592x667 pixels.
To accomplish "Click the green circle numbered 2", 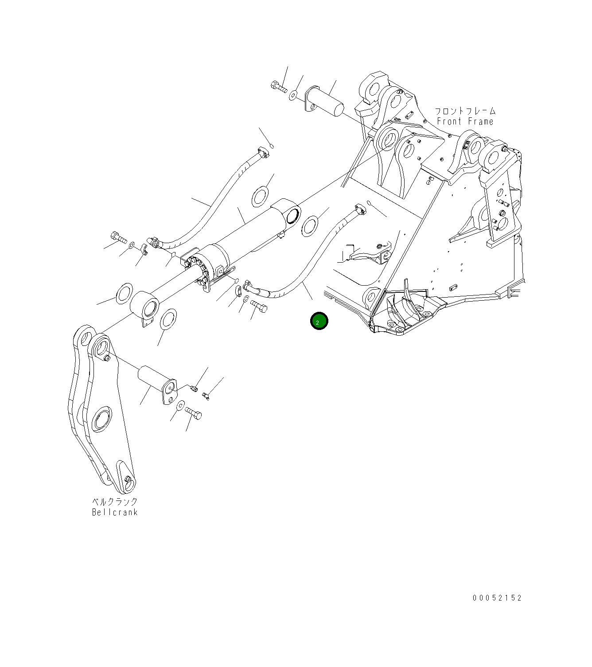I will [319, 322].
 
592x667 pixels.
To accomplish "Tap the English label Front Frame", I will [465, 121].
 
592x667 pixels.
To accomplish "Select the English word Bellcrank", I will [115, 512].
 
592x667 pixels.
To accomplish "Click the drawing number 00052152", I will [497, 598].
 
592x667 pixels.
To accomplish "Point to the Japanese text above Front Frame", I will [465, 111].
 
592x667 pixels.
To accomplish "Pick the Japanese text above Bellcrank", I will [115, 502].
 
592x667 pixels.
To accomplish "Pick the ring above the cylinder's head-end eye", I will [261, 195].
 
